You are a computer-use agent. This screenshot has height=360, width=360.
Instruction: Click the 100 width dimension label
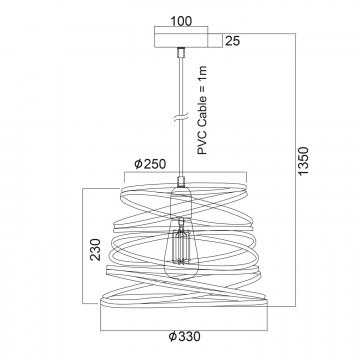tap(181, 21)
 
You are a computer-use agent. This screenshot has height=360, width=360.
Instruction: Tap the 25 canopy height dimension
tap(233, 41)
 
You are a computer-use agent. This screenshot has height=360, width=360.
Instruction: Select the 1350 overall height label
tap(304, 161)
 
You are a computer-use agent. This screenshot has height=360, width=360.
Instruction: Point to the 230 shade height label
tap(95, 249)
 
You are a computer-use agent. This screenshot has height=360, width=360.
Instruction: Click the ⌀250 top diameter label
tap(150, 164)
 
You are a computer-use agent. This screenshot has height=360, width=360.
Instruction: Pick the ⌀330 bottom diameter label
tap(184, 336)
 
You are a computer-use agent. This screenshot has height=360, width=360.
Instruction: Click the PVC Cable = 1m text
tap(202, 110)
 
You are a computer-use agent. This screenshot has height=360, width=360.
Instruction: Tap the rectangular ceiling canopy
tap(181, 40)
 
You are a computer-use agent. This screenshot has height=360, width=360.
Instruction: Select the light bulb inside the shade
tap(181, 248)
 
